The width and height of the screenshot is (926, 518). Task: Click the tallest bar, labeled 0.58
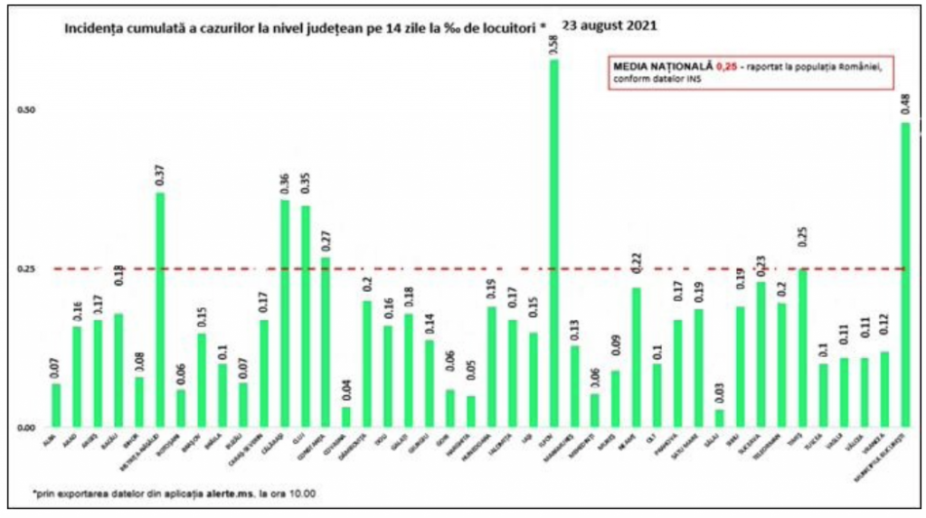point(553,244)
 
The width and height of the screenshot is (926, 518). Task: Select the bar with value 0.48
point(906,275)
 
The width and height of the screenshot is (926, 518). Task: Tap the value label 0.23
point(761,266)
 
